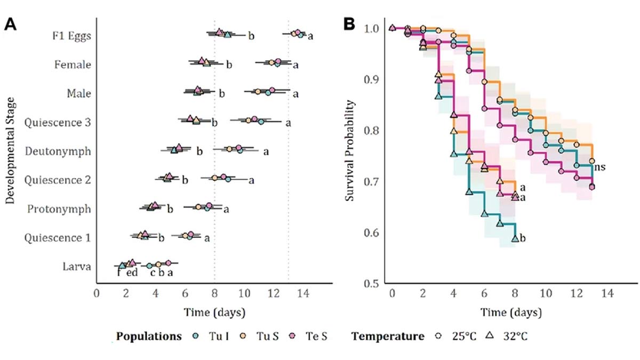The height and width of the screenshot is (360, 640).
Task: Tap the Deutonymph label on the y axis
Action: tap(58, 151)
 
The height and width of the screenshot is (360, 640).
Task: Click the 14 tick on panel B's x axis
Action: tap(607, 294)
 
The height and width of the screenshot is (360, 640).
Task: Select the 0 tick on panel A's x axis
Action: tap(97, 294)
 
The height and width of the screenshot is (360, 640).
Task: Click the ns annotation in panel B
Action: tap(599, 167)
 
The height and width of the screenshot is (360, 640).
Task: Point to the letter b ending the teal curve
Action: tap(523, 238)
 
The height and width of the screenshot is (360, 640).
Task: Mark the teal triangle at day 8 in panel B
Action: tap(515, 238)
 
